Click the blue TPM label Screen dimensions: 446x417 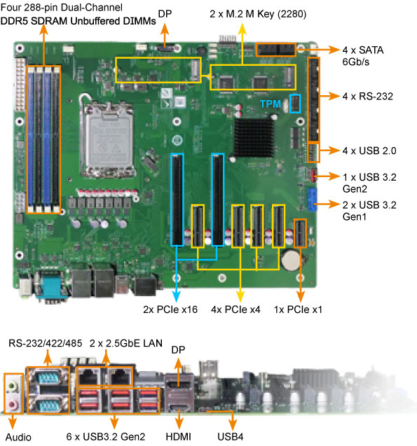point(275,103)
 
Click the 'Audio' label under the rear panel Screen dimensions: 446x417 point(15,437)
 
